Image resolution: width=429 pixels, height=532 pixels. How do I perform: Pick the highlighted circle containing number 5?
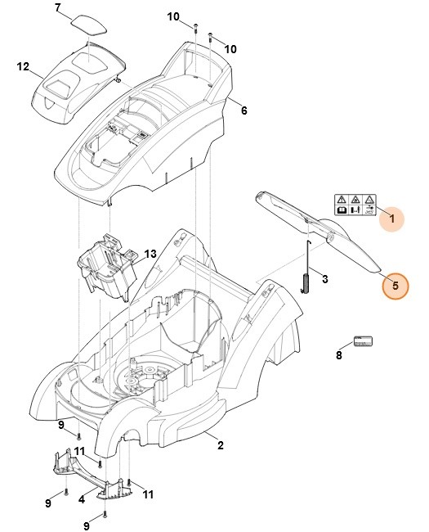point(395,286)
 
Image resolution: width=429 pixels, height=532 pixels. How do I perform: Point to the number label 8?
point(339,355)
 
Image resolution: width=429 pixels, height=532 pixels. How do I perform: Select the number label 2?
point(219,444)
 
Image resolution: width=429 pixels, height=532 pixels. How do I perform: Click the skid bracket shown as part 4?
point(92,476)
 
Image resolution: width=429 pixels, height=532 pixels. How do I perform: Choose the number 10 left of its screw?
point(172,16)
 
